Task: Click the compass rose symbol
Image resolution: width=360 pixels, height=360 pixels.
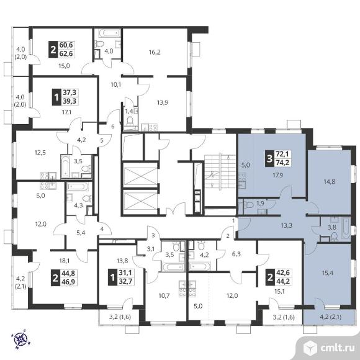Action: click(21, 338)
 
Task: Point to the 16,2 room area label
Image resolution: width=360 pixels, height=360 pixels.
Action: click(155, 52)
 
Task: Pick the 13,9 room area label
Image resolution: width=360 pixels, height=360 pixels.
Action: click(163, 102)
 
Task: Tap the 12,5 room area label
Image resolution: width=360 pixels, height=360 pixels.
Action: click(40, 153)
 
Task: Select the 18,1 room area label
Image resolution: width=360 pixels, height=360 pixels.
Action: click(65, 261)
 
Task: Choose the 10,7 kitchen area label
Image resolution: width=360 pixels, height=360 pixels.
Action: click(164, 295)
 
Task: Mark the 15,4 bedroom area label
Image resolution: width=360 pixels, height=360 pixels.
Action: click(327, 273)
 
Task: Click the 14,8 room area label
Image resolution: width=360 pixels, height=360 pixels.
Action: click(330, 182)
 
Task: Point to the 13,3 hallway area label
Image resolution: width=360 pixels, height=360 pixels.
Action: click(287, 226)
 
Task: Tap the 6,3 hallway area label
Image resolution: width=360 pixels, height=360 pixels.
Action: click(236, 254)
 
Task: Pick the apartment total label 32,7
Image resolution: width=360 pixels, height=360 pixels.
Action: click(126, 281)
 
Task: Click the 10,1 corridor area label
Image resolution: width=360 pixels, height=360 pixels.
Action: click(116, 84)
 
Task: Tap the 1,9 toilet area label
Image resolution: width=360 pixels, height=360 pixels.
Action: click(260, 203)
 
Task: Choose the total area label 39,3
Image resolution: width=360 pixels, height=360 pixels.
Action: click(70, 101)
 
